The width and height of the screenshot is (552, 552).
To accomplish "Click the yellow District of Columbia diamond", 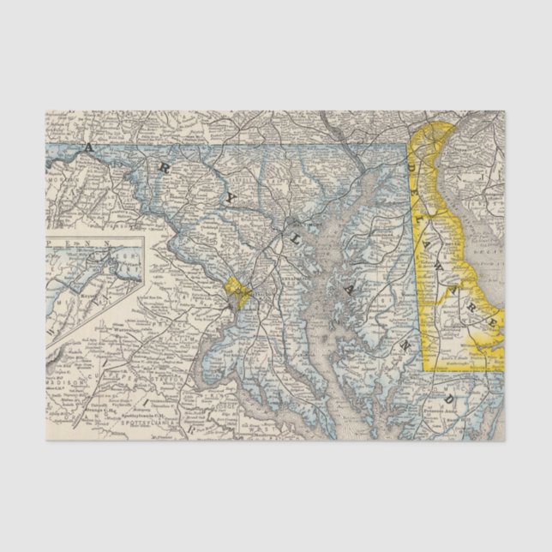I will (x=239, y=294).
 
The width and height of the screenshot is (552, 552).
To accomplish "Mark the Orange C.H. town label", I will (x=87, y=411).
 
